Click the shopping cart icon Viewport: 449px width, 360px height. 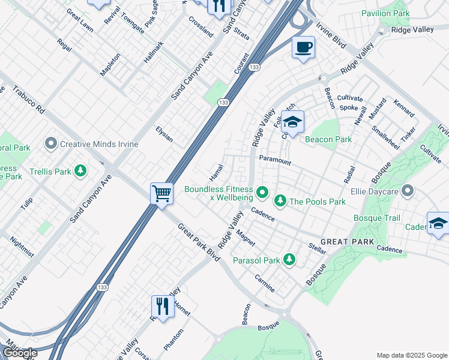click(161, 194)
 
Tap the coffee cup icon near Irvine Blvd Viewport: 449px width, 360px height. click(303, 47)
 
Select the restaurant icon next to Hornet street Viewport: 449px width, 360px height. click(161, 306)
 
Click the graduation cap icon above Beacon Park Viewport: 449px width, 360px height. click(292, 122)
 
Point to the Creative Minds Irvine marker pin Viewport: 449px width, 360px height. click(51, 144)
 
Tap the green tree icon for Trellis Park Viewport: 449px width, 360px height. click(80, 172)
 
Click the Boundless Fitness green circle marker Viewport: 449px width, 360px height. click(262, 193)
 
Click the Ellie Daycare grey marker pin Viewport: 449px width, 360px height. click(408, 192)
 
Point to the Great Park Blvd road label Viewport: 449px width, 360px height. click(199, 242)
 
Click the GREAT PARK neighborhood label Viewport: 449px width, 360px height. click(348, 241)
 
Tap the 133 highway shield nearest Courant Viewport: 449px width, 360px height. click(255, 68)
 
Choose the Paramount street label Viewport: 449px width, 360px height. click(275, 161)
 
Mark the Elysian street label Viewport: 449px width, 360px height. click(164, 134)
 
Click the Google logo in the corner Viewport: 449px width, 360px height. click(20, 353)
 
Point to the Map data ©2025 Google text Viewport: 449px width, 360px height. click(411, 355)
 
